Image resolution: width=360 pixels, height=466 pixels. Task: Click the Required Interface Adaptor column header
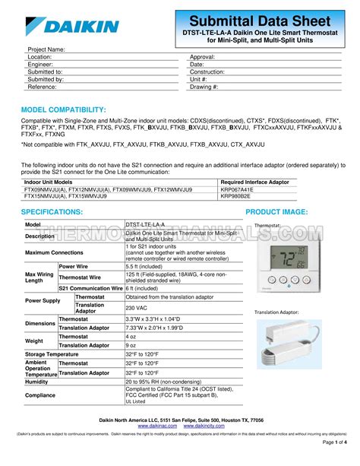[x=254, y=182]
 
